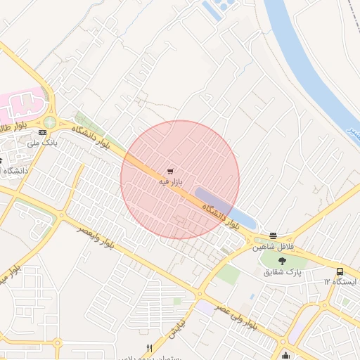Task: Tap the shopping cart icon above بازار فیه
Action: pyautogui.click(x=170, y=171)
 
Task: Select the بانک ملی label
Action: pyautogui.click(x=41, y=142)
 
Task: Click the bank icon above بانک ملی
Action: pyautogui.click(x=43, y=131)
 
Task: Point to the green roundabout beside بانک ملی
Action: pyautogui.click(x=50, y=122)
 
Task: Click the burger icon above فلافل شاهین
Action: pyautogui.click(x=273, y=236)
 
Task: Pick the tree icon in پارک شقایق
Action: pyautogui.click(x=283, y=262)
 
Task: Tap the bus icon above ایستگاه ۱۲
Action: pyautogui.click(x=340, y=271)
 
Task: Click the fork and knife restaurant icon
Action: pyautogui.click(x=149, y=348)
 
